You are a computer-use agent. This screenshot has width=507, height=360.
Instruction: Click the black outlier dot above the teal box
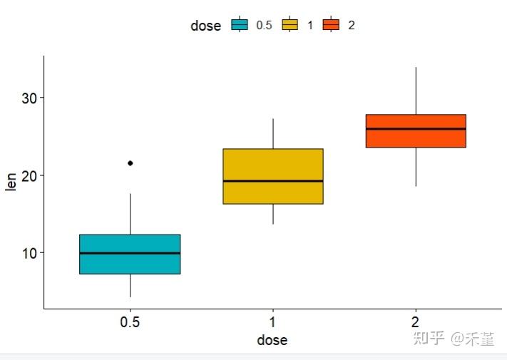(x=130, y=163)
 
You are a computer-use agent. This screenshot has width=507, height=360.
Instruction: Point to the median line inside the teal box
(x=130, y=253)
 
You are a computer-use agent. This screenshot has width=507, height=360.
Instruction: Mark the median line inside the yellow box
(x=273, y=181)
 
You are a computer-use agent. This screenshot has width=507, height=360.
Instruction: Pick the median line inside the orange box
(x=416, y=129)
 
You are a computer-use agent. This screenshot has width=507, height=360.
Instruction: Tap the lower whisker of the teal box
(x=130, y=285)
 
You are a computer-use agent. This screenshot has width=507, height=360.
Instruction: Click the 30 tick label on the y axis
(x=28, y=98)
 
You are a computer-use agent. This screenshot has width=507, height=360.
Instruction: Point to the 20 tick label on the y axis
(x=28, y=175)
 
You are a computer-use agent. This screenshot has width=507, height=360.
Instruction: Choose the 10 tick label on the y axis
(x=28, y=253)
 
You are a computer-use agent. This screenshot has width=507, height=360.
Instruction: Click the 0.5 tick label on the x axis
(x=130, y=322)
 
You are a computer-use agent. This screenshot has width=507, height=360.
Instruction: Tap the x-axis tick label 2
(x=416, y=322)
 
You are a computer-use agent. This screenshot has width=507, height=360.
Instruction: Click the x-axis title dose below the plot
(x=272, y=341)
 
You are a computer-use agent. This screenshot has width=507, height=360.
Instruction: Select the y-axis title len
(x=11, y=182)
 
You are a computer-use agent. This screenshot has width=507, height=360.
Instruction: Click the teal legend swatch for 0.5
(x=240, y=25)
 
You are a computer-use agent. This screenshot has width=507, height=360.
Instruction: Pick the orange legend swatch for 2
(x=330, y=25)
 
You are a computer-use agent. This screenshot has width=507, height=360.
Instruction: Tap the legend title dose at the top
(x=206, y=26)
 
